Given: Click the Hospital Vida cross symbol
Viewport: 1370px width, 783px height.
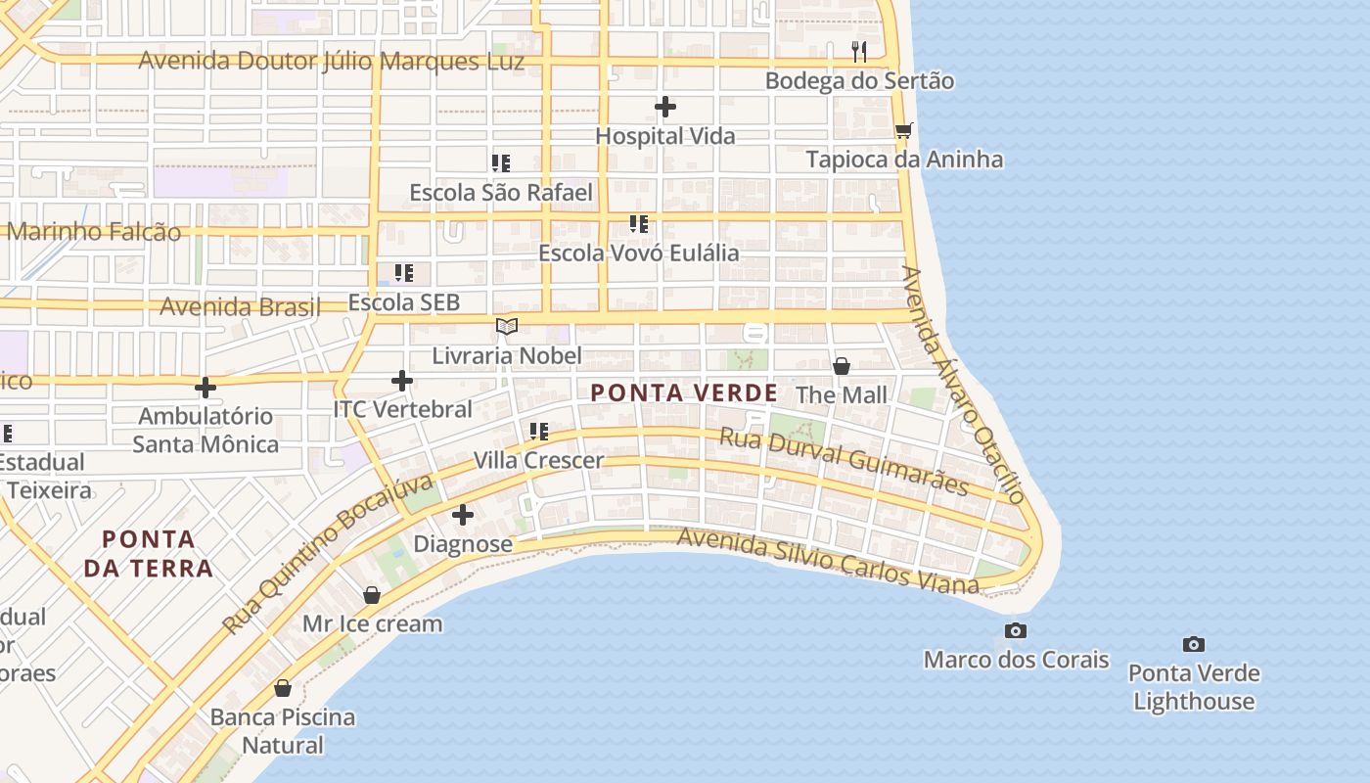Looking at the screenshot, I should (665, 106).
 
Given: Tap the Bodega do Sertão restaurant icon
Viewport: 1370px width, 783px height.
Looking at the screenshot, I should (859, 51).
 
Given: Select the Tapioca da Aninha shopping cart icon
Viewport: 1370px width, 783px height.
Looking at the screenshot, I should (903, 130).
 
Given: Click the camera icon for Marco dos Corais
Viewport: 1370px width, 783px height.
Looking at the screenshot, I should (1016, 630).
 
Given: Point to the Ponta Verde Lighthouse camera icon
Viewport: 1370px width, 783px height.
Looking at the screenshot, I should (1193, 644).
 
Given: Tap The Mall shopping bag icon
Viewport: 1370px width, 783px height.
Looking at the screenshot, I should (841, 366).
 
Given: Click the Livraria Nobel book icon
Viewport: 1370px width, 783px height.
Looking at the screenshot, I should (506, 326).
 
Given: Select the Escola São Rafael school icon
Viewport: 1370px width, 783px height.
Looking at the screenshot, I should (501, 162).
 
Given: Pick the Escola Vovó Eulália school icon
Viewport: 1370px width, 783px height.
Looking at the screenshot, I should (639, 223).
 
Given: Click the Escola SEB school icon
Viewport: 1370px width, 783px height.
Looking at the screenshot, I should (403, 273).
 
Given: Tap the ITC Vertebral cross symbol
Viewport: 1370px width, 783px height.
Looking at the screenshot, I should (402, 380).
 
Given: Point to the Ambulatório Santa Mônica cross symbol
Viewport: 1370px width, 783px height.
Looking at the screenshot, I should (205, 388).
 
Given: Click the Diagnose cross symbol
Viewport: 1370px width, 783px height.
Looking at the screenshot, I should (463, 514).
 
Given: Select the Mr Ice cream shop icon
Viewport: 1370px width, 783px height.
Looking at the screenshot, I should (372, 595).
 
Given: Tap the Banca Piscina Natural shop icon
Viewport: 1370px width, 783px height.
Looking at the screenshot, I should (283, 688).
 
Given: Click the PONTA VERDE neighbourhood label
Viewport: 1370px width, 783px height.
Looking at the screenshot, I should (684, 393).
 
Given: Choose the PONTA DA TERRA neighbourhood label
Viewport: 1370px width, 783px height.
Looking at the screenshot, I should (149, 553).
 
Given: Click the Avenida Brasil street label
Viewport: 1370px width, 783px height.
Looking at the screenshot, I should (240, 307).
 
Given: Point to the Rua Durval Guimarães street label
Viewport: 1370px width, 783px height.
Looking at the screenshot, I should (845, 461).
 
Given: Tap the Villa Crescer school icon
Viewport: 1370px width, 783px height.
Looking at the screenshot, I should (538, 431).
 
